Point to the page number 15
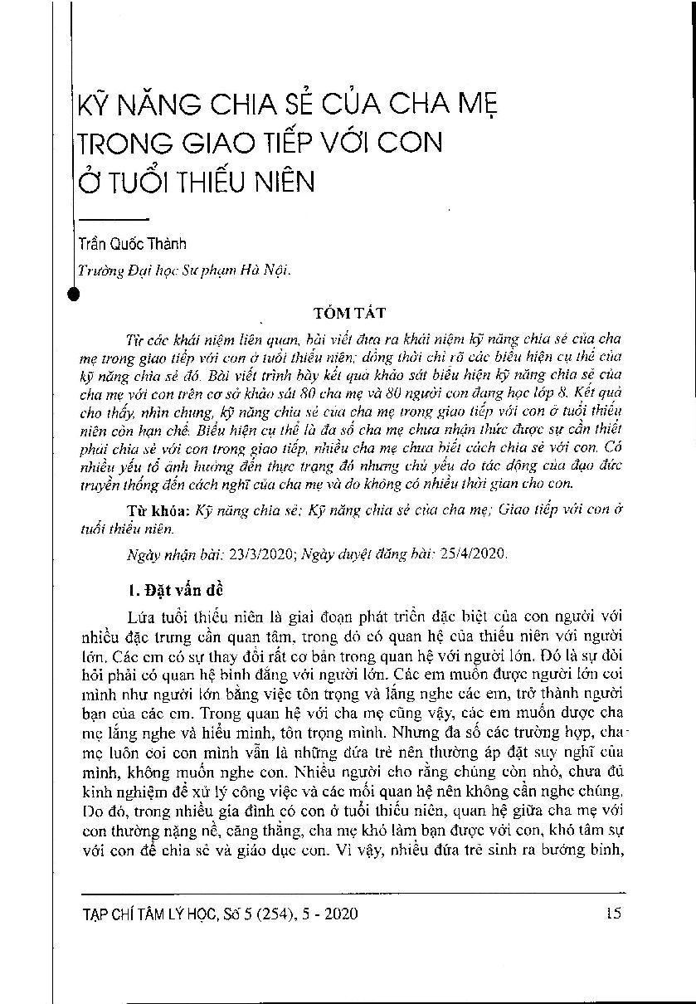click(613, 914)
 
